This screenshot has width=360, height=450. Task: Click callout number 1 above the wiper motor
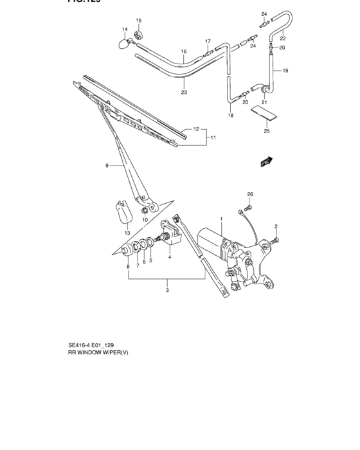[x=221, y=220]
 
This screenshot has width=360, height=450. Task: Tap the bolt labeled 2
[x=276, y=240]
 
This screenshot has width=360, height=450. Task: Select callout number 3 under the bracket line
[x=166, y=291]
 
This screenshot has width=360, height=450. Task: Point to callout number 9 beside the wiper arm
[x=107, y=165]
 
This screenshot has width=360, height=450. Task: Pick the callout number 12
[x=196, y=129]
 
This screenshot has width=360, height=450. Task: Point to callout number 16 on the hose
[x=183, y=51]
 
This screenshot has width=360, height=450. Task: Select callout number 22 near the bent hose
[x=282, y=38]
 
